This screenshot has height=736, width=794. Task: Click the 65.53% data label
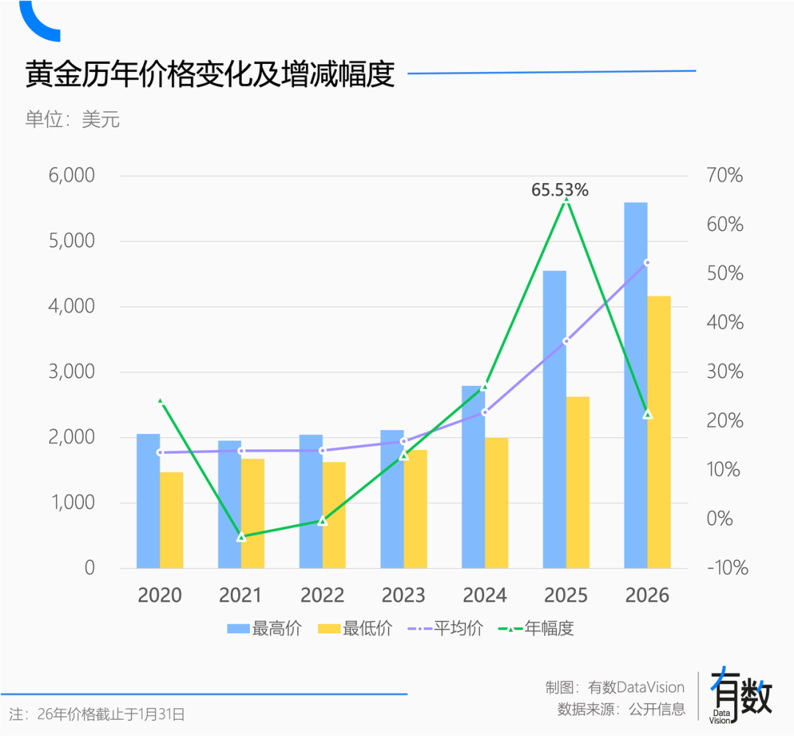(560, 190)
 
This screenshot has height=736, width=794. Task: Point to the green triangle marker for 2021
(241, 537)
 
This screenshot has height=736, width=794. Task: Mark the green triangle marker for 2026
(648, 414)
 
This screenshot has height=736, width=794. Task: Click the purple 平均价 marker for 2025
(566, 341)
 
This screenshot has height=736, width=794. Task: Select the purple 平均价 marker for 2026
(648, 262)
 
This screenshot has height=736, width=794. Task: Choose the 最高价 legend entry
(264, 629)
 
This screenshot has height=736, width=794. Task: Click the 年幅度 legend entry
(536, 629)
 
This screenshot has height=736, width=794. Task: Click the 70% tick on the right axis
(725, 176)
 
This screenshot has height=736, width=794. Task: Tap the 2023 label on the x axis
(403, 595)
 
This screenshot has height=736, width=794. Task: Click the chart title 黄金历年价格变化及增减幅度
(210, 74)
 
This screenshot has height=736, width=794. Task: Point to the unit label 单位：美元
(73, 119)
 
